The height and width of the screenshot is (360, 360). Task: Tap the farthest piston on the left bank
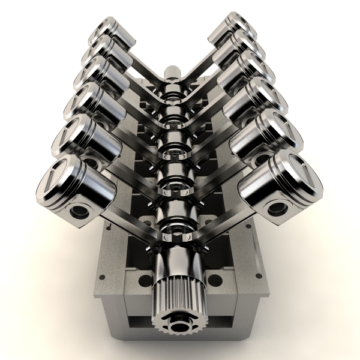click(x=112, y=33)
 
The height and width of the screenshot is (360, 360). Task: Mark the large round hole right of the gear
click(x=214, y=280)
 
